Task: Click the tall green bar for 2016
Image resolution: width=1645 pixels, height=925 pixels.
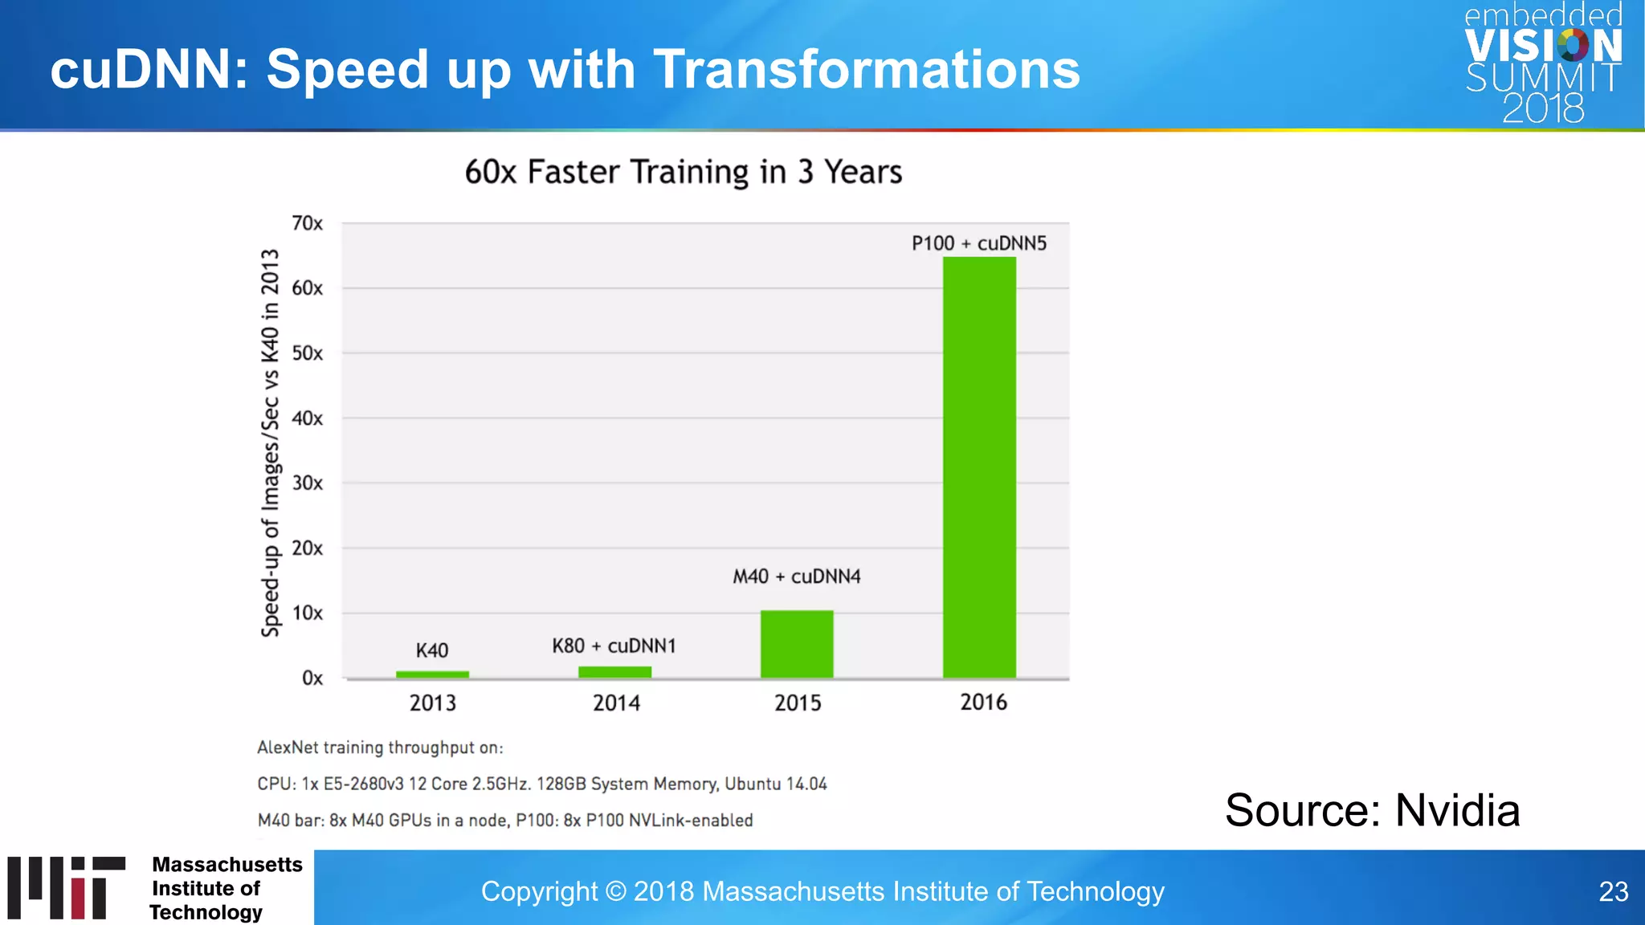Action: (979, 467)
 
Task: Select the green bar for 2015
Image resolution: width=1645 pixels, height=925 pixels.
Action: (797, 644)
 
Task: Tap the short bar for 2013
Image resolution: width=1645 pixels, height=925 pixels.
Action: (432, 674)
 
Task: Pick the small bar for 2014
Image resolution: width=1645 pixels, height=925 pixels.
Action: (614, 672)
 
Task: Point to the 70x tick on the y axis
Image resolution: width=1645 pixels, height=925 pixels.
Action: (307, 223)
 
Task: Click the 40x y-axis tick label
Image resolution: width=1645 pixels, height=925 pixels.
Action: (307, 418)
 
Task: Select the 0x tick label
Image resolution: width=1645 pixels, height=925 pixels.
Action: (312, 678)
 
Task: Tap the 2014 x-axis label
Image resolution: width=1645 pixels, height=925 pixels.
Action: (616, 703)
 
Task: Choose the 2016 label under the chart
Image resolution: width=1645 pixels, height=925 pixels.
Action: (983, 703)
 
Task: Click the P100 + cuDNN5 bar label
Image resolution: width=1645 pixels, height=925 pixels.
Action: (978, 243)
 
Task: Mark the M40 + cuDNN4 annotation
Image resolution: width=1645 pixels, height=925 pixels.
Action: (796, 577)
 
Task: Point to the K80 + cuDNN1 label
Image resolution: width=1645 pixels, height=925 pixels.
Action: (614, 646)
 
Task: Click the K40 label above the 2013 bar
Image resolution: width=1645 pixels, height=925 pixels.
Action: (432, 650)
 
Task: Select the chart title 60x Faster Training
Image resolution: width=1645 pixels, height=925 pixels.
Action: (683, 172)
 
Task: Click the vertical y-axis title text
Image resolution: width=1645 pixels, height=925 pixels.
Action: (271, 443)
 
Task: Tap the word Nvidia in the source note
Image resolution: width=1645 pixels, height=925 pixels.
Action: (1457, 810)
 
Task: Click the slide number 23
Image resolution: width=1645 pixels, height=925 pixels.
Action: (1613, 891)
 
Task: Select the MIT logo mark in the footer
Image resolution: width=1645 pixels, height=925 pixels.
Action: (67, 887)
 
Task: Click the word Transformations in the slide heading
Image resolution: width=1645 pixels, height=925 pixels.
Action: (867, 69)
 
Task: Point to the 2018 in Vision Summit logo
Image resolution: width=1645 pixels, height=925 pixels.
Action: (1543, 108)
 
